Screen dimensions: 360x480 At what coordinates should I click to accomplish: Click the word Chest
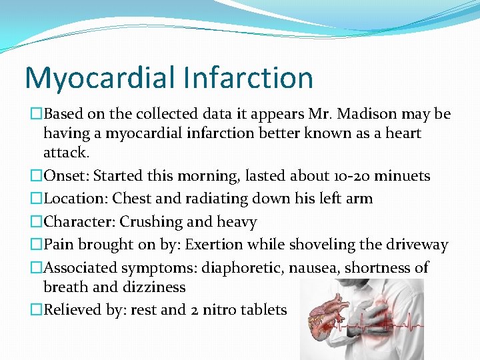(133, 199)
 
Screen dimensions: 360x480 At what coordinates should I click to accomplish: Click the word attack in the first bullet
(65, 153)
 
